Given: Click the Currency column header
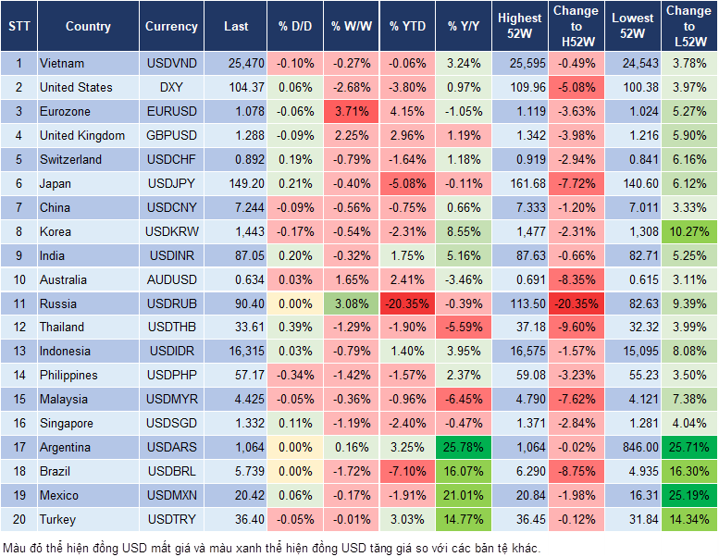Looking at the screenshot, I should (171, 26).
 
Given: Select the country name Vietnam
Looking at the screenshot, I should (62, 64).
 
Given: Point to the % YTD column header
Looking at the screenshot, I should (407, 26).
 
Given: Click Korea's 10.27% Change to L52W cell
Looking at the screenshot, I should (688, 231).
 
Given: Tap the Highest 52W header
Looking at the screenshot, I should (519, 26).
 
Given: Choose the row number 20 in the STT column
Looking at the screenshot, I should (19, 519).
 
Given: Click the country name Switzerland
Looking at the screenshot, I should (70, 159).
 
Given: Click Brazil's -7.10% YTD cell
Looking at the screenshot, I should (407, 471).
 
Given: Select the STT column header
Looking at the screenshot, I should (19, 26).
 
